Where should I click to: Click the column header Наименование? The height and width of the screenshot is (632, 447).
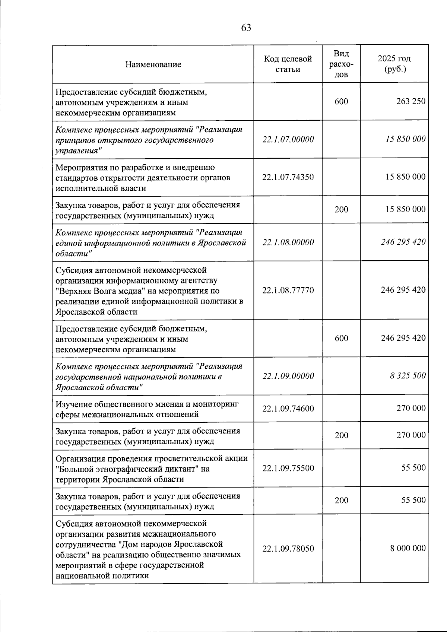click(153, 64)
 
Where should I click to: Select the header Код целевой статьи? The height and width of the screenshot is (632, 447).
click(288, 64)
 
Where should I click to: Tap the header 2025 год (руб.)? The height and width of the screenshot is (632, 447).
click(394, 64)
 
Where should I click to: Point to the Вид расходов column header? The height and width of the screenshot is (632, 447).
click(341, 64)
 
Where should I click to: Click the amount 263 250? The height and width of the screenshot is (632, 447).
click(411, 101)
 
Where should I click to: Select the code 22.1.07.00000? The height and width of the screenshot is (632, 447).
click(288, 139)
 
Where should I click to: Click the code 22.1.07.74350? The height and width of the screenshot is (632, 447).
click(288, 177)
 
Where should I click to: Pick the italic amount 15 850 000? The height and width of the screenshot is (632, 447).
click(405, 139)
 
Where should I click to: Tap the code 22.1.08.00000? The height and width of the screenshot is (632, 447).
click(288, 242)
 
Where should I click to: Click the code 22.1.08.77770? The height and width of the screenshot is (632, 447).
click(288, 290)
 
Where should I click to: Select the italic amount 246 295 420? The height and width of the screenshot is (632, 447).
click(403, 242)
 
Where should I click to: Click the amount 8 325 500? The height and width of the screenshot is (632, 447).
click(408, 376)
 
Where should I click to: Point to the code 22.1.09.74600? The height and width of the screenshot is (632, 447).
click(288, 409)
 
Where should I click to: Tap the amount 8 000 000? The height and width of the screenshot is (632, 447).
click(408, 549)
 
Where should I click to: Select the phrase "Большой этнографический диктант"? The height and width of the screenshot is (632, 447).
click(127, 469)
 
